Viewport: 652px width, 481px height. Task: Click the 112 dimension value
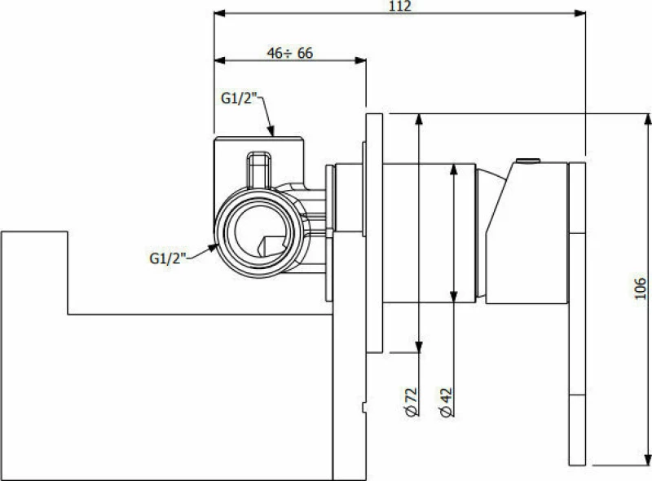400,6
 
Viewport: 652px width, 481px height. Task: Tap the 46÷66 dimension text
290,53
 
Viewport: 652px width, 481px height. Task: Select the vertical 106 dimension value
641,289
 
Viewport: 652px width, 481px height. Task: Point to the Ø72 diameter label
411,402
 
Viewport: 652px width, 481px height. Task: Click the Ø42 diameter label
446,402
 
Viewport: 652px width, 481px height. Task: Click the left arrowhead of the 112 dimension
219,13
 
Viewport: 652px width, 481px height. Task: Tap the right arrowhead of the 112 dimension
580,13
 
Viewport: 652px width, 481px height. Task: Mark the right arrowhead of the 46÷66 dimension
360,61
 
